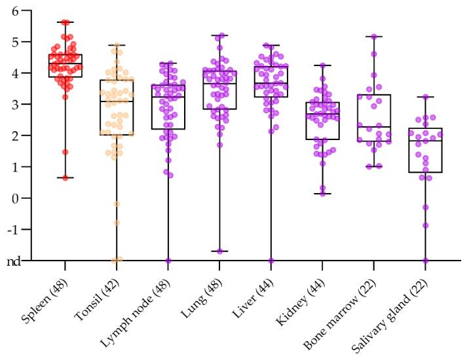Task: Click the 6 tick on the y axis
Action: pyautogui.click(x=26, y=10)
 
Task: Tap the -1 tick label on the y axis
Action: pyautogui.click(x=24, y=229)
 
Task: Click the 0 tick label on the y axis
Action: pyautogui.click(x=26, y=198)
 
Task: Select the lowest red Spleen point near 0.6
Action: pyautogui.click(x=65, y=177)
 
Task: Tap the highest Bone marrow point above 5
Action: pyautogui.click(x=374, y=37)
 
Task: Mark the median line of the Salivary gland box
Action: pyautogui.click(x=426, y=141)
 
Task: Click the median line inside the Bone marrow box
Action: pyautogui.click(x=374, y=127)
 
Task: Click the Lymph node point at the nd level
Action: pyautogui.click(x=168, y=261)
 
